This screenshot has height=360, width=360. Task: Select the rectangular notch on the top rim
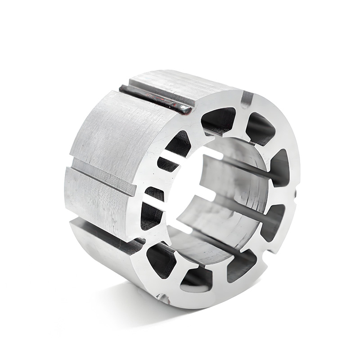click(x=247, y=98)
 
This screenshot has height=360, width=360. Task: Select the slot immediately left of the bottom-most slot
click(x=161, y=260)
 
